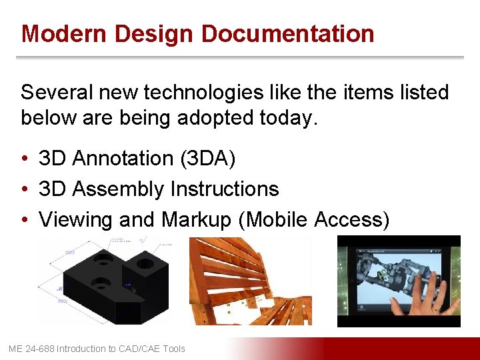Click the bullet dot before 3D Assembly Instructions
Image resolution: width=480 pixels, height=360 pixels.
(x=23, y=190)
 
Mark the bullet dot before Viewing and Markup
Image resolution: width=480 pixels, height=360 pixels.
(x=23, y=220)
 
